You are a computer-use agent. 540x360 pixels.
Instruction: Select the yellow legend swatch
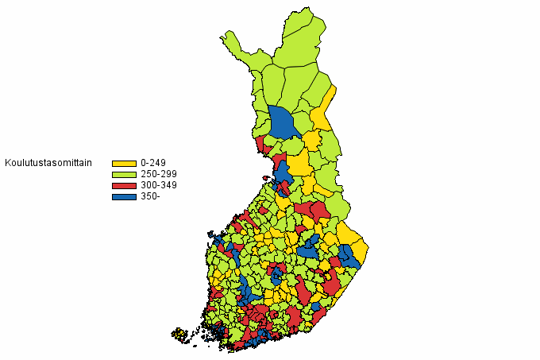[x=124, y=163]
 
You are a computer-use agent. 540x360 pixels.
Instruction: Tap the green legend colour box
[x=124, y=174]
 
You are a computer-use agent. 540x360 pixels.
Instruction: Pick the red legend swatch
[x=124, y=185]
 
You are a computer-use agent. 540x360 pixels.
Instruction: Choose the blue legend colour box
[x=124, y=196]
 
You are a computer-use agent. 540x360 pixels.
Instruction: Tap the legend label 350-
[x=150, y=196]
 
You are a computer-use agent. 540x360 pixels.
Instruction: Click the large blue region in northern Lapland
[x=282, y=123]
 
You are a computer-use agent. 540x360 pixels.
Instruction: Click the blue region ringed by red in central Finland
[x=276, y=273]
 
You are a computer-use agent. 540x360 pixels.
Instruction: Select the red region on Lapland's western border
[x=261, y=144]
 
